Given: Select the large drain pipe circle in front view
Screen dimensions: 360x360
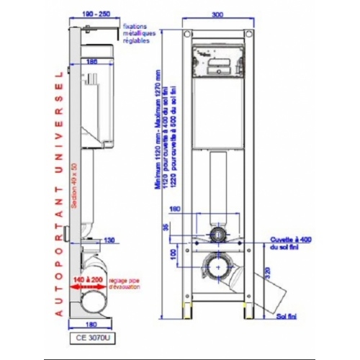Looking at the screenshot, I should coord(217,269).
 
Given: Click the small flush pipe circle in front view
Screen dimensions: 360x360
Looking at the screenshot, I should coord(217,234).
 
